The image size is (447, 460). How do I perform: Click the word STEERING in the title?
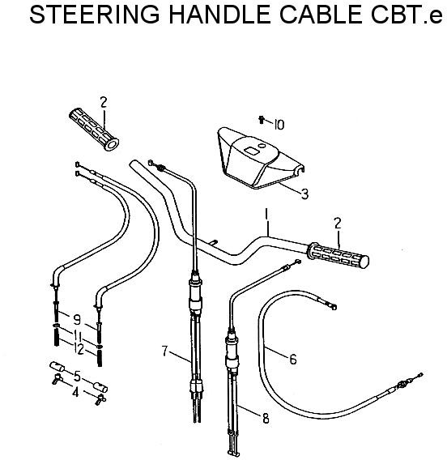[x=95, y=15]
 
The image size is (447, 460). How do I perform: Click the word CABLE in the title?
[x=321, y=15]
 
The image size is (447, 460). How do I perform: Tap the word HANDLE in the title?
[x=219, y=15]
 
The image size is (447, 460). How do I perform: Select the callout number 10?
[x=279, y=126]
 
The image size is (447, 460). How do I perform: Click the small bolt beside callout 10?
[x=262, y=120]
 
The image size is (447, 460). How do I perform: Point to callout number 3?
[x=305, y=194]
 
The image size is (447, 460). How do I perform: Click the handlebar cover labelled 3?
[x=260, y=158]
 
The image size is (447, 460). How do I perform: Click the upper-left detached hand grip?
[x=94, y=130]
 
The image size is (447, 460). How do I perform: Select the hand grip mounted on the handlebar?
[x=338, y=255]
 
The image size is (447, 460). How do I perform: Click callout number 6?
[x=293, y=359]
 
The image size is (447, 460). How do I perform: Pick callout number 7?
[x=164, y=351]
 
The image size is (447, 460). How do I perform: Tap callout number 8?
[x=266, y=419]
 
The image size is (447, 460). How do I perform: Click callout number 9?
[x=77, y=319]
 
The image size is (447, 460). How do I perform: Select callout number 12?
[x=79, y=349]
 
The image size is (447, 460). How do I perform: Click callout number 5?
[x=77, y=377]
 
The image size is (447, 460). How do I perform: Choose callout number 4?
[x=75, y=392]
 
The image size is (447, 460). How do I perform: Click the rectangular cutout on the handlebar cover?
[x=252, y=151]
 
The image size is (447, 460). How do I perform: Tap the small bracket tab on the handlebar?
[x=214, y=242]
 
